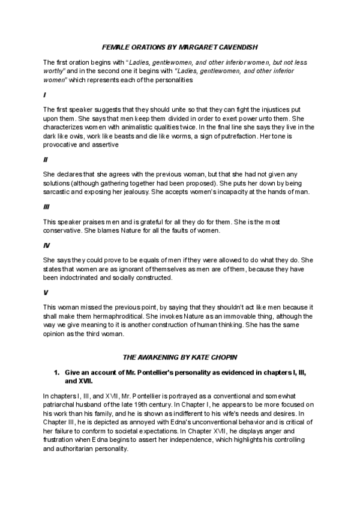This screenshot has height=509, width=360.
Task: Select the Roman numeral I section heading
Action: click(x=44, y=95)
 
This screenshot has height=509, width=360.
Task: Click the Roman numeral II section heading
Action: click(x=46, y=160)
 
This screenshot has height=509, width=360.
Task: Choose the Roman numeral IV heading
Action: click(x=46, y=245)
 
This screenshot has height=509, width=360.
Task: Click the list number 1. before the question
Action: click(x=58, y=373)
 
